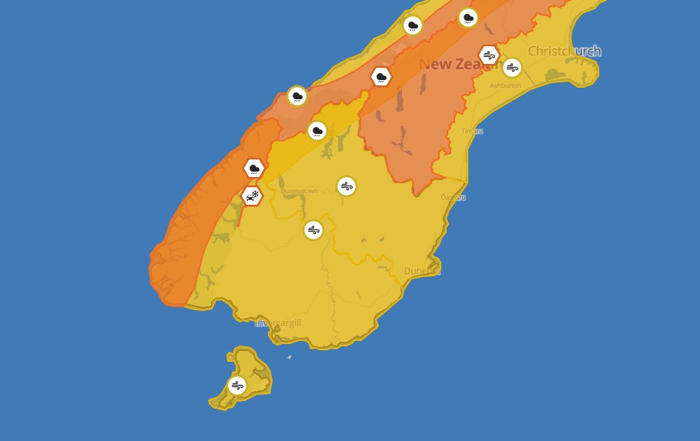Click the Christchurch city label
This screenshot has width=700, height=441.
point(564,52)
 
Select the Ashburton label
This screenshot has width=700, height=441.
point(505,85)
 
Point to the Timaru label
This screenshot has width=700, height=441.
point(472,131)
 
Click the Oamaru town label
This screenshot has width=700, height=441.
point(453,197)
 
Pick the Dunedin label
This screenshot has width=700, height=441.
point(422,271)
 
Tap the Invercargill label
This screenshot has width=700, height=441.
point(278,322)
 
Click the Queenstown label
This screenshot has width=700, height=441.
point(299,191)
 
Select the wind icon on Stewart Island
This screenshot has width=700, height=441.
point(237,386)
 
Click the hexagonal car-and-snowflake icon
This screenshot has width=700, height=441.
point(252,196)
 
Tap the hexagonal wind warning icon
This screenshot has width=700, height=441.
point(489,55)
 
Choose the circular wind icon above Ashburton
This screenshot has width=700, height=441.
point(512,68)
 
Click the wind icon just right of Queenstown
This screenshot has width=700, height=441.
point(347,186)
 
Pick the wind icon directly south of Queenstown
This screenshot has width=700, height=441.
point(313,230)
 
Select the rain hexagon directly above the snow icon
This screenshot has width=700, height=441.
point(254,168)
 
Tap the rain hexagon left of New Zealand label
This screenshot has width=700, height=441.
point(380,76)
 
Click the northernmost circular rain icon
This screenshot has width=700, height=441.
point(468,18)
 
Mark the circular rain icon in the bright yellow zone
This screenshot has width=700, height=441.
point(317,131)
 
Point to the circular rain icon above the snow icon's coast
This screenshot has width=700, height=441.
point(297,96)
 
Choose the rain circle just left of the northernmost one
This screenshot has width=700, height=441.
point(414,25)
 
